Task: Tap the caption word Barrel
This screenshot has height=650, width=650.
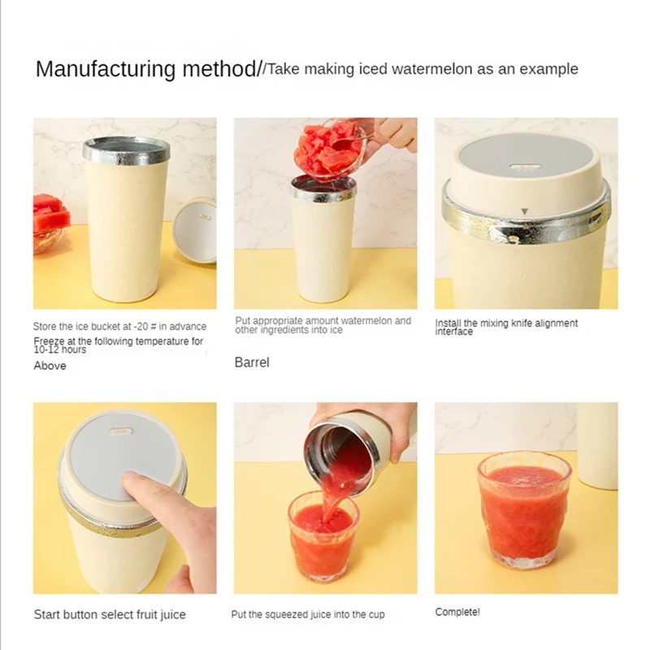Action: [252, 362]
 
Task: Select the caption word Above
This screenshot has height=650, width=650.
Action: [50, 366]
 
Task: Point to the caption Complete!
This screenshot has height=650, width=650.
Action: [457, 612]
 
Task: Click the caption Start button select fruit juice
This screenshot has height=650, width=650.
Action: [110, 615]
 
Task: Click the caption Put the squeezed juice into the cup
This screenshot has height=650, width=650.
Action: [308, 615]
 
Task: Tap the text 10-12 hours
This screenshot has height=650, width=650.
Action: [60, 349]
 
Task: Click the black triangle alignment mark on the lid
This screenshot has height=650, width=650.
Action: [525, 212]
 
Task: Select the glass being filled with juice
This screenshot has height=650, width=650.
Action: [323, 535]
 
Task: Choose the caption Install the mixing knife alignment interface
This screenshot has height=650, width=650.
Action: [506, 327]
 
